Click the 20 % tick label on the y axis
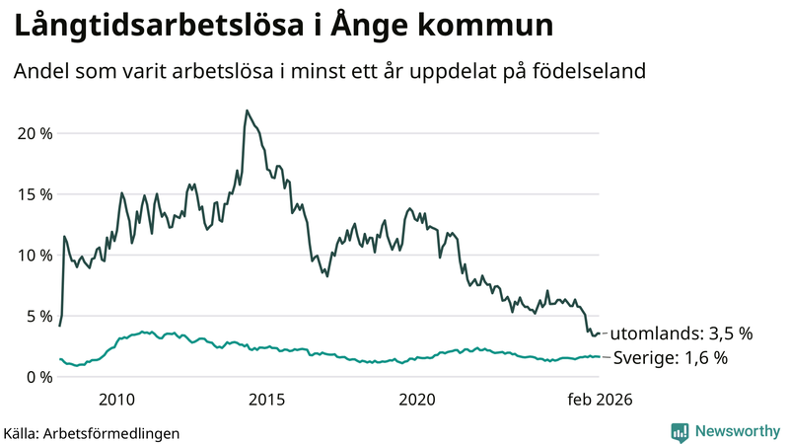pos(33,133)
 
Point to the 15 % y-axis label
pos(33,194)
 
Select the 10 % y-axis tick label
pos(33,255)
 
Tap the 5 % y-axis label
pos(37,316)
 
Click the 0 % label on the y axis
pos(37,377)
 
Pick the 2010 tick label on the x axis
pos(117,400)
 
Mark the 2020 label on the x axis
pos(416,400)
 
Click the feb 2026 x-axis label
pos(598,400)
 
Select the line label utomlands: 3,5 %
pos(681,333)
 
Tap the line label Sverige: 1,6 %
pos(671,357)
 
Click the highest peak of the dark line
pos(247,111)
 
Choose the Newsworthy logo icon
pos(680,431)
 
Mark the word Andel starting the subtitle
pos(39,72)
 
